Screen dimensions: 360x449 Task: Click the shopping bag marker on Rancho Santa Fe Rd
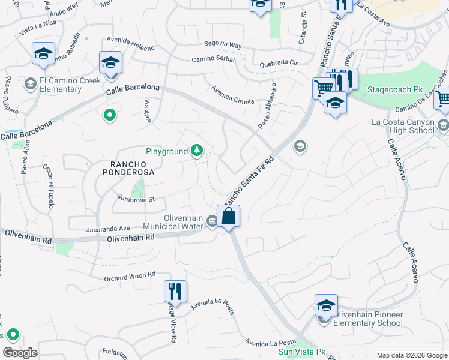(x=229, y=216)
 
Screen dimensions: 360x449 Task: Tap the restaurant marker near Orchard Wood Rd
(x=175, y=292)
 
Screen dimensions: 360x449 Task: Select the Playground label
(x=167, y=152)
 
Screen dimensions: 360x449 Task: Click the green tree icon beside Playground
(x=197, y=151)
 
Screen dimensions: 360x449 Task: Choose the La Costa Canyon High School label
(x=403, y=126)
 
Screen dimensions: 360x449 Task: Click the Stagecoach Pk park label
(x=385, y=89)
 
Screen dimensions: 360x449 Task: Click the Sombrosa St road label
(x=136, y=198)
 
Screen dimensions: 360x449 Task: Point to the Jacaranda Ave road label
(x=108, y=229)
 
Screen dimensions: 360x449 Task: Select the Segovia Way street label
(x=223, y=45)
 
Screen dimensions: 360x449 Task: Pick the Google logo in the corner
(x=20, y=353)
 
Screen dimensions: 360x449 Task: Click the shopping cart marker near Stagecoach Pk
(x=323, y=88)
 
